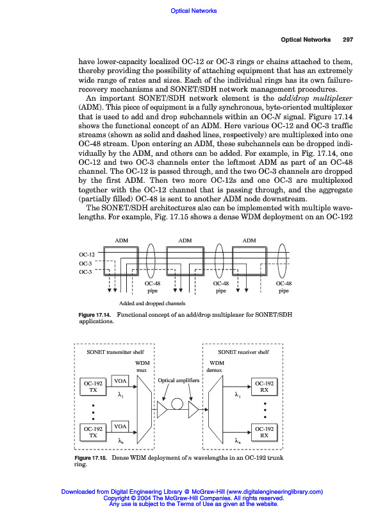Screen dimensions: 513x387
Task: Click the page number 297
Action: [x=348, y=40]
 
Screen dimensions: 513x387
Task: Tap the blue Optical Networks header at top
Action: [x=195, y=10]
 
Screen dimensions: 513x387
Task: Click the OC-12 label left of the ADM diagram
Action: [x=86, y=255]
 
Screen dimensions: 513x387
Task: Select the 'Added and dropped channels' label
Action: [x=152, y=303]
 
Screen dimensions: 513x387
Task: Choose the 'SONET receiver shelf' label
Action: [x=243, y=352]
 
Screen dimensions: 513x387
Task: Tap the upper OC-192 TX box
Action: [x=94, y=387]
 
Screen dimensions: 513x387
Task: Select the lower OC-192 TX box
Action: [x=94, y=432]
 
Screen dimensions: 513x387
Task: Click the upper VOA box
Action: [x=121, y=381]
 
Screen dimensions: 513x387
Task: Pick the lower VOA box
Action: [x=121, y=426]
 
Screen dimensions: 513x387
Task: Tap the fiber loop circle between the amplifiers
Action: [x=177, y=403]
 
